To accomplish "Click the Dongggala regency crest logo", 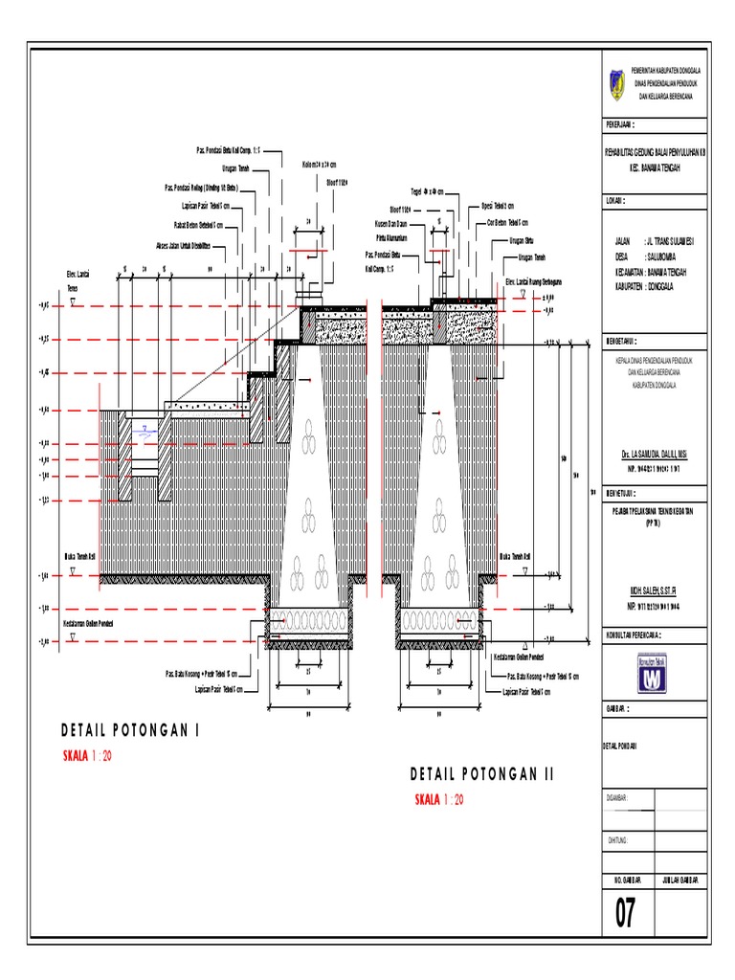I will tap(617, 83).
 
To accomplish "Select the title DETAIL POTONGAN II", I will tap(482, 773).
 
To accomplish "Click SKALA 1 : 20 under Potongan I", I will tap(87, 756).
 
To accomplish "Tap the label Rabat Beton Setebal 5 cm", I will tap(199, 226).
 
